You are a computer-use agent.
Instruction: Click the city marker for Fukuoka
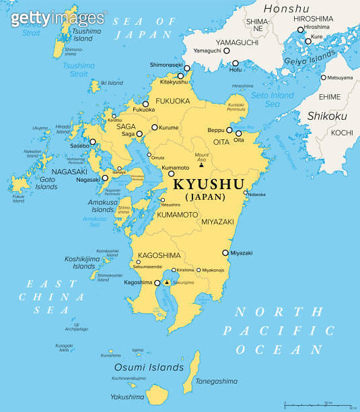(x=145, y=104)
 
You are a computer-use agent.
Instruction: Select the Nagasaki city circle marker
(x=105, y=178)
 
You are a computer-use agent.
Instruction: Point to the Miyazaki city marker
(x=225, y=253)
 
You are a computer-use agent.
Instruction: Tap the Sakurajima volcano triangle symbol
(x=166, y=283)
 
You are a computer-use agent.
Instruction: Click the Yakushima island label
(x=129, y=397)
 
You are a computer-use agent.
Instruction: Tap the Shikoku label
(x=326, y=116)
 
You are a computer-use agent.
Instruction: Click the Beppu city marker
(x=229, y=130)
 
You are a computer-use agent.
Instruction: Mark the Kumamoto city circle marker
(x=172, y=173)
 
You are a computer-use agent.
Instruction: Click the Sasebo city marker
(x=93, y=141)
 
